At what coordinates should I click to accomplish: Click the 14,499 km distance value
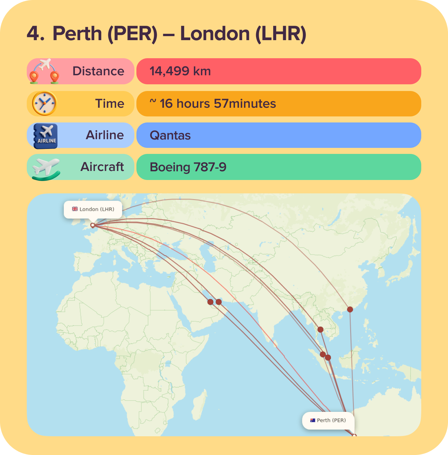[180, 71]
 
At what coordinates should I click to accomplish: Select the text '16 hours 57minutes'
[218, 104]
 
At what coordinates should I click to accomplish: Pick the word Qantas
[170, 135]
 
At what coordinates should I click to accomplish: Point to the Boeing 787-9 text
[188, 167]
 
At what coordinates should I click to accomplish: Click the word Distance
[98, 71]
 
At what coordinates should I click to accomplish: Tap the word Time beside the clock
[110, 104]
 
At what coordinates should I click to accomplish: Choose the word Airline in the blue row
[105, 135]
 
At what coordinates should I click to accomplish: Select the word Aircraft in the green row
[102, 167]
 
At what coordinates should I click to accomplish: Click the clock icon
[44, 103]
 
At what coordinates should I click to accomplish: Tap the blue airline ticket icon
[45, 136]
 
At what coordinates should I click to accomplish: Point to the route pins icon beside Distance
[44, 71]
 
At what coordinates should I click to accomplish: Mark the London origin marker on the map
[93, 225]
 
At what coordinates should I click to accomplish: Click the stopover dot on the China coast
[350, 309]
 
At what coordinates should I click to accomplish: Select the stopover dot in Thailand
[320, 330]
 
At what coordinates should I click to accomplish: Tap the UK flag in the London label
[75, 209]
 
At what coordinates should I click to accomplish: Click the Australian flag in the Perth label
[313, 421]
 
